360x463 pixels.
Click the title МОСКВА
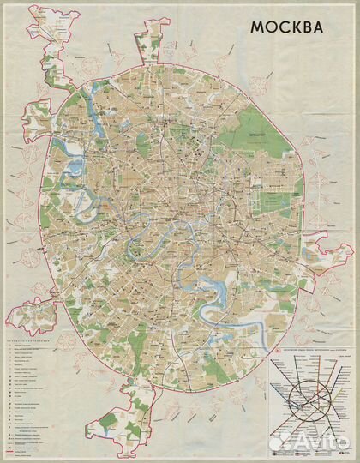pos(287,27)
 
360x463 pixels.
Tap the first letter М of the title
pos(256,27)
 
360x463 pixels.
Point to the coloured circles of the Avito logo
pos(279,442)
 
